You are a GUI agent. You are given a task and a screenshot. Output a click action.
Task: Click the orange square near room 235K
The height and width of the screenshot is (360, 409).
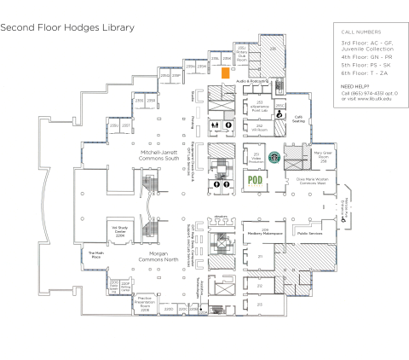pyautogui.click(x=226, y=74)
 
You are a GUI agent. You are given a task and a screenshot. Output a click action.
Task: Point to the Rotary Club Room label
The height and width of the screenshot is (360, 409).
pyautogui.click(x=242, y=56)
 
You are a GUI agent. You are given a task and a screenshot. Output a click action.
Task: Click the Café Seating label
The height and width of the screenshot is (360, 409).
pyautogui.click(x=299, y=119)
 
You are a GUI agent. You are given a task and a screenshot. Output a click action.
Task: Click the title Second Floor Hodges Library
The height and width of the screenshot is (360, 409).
pyautogui.click(x=67, y=27)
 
